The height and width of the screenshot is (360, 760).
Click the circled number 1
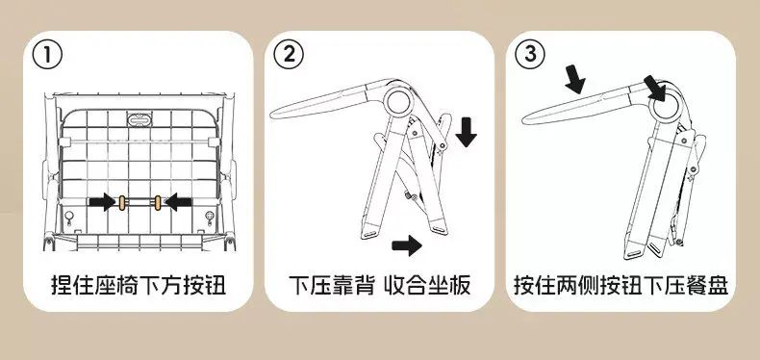[47, 55]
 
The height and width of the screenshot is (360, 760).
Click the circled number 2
[289, 55]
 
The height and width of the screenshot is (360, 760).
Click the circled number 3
[530, 55]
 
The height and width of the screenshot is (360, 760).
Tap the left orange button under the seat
[122, 202]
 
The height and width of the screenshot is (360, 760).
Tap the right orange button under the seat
[158, 202]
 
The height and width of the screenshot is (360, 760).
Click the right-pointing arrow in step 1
[102, 202]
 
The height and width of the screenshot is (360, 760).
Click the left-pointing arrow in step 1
[178, 202]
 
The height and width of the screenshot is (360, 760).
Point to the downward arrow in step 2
[467, 132]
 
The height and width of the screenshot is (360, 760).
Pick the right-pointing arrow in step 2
[407, 245]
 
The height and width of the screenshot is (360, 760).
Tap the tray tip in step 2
[272, 114]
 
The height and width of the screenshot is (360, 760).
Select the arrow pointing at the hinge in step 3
[655, 89]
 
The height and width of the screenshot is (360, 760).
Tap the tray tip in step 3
[523, 118]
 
